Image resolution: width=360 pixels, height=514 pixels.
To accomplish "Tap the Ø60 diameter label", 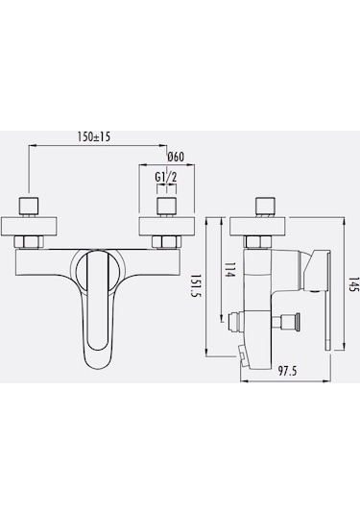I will (176, 158).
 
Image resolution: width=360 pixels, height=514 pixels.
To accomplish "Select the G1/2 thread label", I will (165, 177).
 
